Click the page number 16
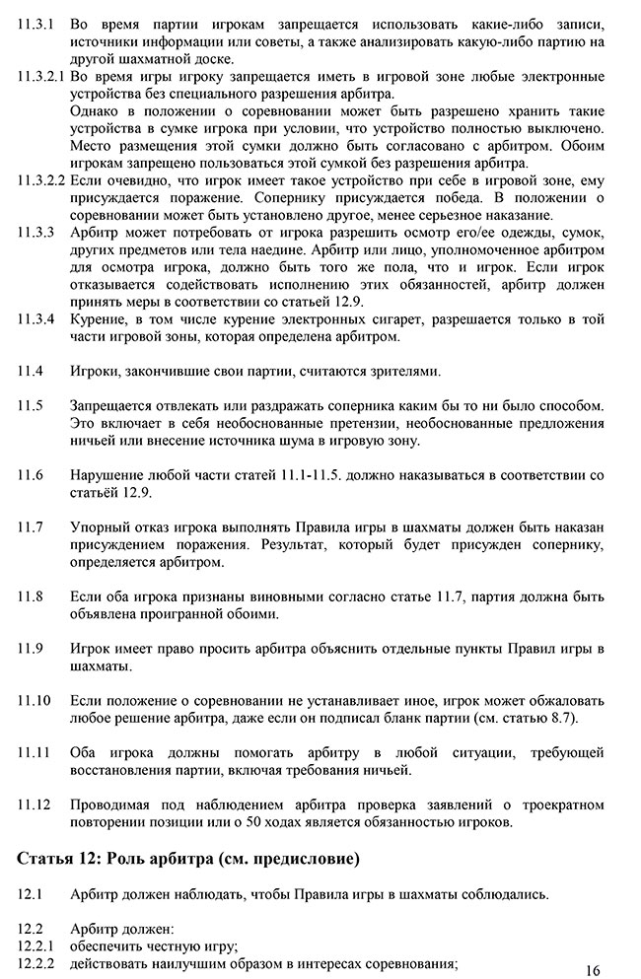pyautogui.click(x=592, y=970)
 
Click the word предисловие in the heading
pyautogui.click(x=306, y=858)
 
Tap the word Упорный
pyautogui.click(x=101, y=526)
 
